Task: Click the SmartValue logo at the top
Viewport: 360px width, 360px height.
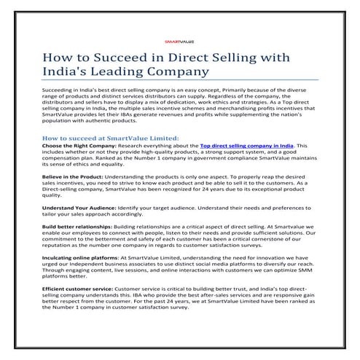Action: [x=179, y=42]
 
